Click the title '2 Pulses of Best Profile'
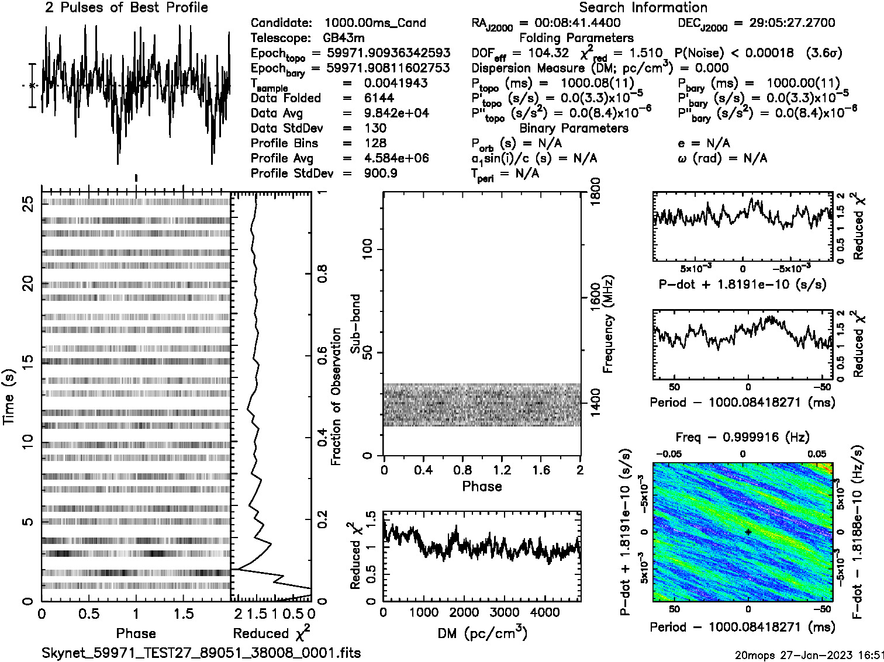pos(126,8)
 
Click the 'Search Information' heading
pos(643,8)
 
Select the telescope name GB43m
pos(346,39)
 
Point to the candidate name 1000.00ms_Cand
pos(375,23)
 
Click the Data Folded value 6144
pos(379,98)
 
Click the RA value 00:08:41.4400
pos(569,23)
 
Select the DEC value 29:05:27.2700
pos(784,23)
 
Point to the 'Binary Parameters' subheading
pos(574,129)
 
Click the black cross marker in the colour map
pos(748,532)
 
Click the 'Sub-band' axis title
pos(355,324)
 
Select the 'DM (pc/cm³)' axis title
pos(482,633)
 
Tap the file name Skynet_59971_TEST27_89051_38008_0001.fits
pos(201,653)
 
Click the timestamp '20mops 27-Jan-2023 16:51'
pos(809,654)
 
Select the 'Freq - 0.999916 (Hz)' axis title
pos(743,438)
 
